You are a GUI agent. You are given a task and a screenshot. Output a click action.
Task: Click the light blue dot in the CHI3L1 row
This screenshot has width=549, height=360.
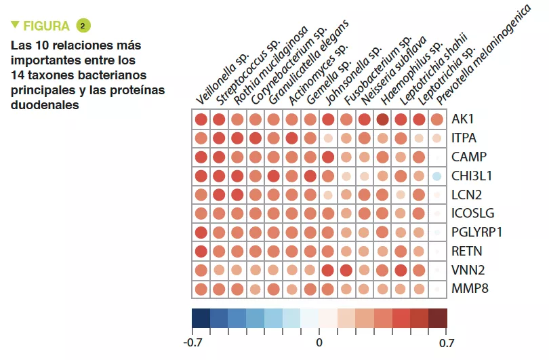[437, 176]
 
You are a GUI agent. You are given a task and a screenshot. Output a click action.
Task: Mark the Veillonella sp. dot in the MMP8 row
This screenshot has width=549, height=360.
[201, 289]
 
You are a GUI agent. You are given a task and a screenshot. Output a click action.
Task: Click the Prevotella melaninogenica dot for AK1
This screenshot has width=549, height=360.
[437, 120]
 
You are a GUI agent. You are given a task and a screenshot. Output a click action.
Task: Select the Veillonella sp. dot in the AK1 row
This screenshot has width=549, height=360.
[201, 120]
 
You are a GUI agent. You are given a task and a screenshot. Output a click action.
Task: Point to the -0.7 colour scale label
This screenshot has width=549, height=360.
[193, 342]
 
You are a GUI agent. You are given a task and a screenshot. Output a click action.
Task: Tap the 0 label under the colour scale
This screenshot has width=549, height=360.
[319, 342]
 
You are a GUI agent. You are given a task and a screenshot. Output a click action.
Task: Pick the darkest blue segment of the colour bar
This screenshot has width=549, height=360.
[201, 318]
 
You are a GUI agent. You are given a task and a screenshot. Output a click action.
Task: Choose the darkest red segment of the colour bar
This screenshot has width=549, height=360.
[438, 318]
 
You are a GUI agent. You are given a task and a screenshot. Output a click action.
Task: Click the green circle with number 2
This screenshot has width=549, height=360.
[83, 26]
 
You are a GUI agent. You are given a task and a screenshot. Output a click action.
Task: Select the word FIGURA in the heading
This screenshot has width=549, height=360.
[46, 26]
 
